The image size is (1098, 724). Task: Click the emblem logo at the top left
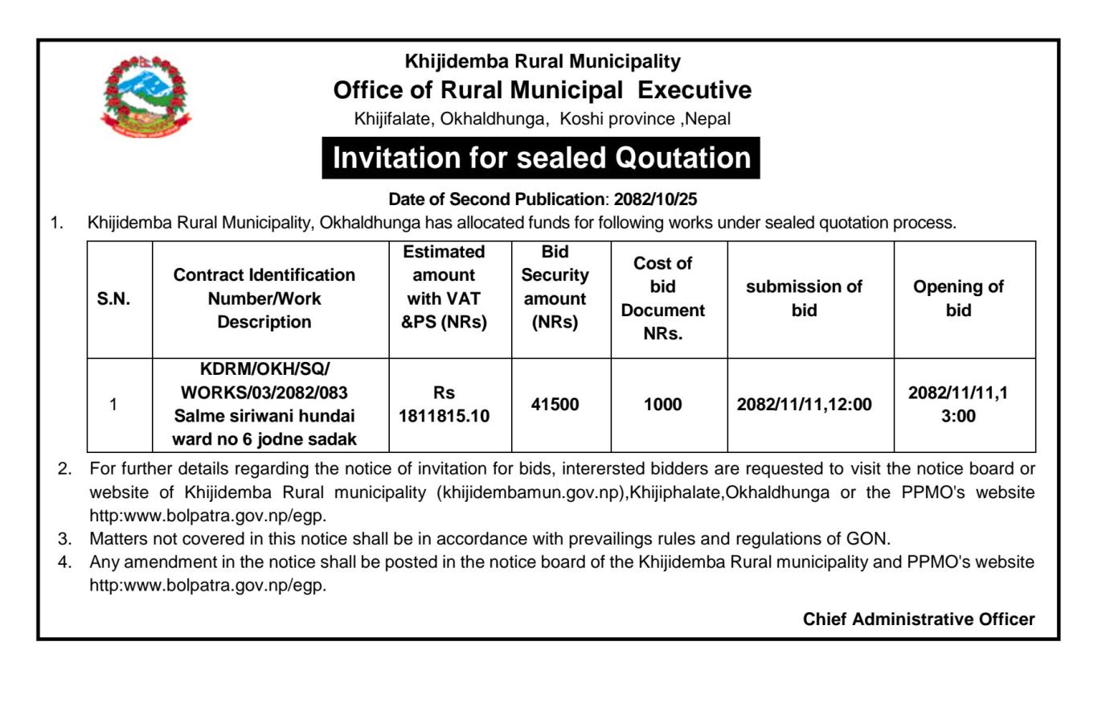136,97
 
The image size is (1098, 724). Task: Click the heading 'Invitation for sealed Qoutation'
541,158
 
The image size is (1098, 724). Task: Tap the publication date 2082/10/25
655,199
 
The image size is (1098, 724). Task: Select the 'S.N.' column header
113,298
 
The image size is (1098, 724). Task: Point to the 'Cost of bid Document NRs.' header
663,298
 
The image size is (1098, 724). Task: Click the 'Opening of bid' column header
958,298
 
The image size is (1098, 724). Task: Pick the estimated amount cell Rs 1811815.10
444,405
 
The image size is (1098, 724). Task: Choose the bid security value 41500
555,405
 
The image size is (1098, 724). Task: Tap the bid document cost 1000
663,405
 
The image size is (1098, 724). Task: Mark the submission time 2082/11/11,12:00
804,405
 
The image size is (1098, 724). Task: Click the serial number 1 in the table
113,405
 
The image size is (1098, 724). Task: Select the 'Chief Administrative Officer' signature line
919,619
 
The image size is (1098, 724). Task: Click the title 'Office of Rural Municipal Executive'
543,90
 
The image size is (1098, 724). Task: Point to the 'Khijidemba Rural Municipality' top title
543,61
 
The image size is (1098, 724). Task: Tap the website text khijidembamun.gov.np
529,492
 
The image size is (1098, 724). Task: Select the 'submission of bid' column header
804,298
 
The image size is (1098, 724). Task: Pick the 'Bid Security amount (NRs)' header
555,287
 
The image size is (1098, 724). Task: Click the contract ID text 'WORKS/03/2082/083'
264,393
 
